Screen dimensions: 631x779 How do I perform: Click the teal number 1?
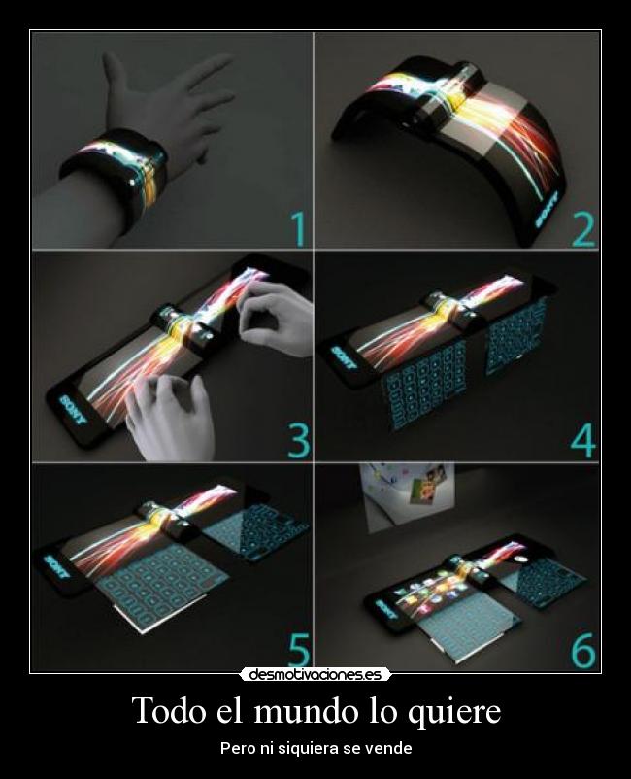298,229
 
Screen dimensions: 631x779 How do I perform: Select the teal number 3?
298,441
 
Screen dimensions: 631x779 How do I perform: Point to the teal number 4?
582,441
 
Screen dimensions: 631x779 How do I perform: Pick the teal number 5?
299,650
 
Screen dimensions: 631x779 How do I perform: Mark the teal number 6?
583,650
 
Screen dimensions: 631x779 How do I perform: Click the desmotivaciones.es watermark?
315,675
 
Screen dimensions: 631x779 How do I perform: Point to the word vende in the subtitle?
393,748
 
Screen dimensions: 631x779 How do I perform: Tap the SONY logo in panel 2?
548,210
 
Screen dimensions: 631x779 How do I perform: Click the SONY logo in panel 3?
73,409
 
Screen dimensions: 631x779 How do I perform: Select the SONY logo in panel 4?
345,358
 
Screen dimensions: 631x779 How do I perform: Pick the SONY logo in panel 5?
55,567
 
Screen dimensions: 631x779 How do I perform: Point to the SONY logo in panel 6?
386,610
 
